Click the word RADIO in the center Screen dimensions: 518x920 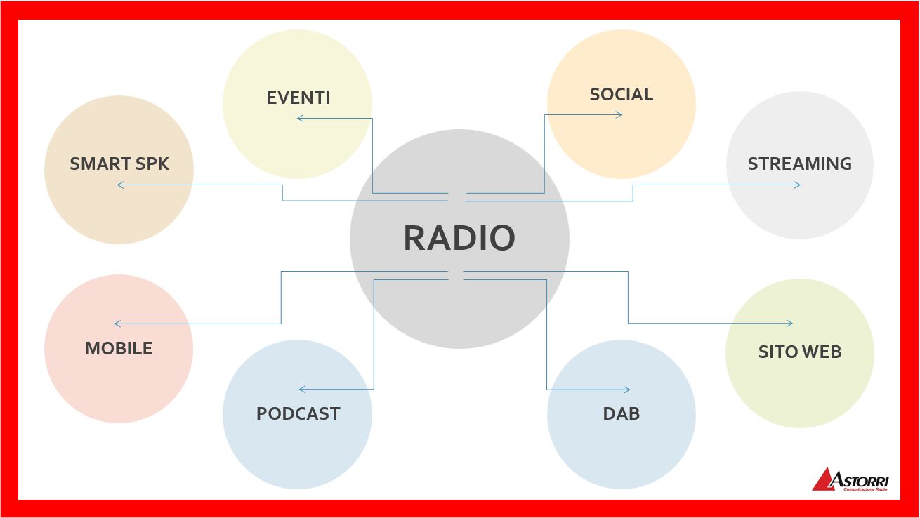(459, 237)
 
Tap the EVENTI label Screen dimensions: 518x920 (298, 98)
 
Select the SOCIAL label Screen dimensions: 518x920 (621, 94)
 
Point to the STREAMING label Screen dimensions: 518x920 (799, 164)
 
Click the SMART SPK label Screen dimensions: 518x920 (119, 164)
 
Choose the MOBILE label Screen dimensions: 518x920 (119, 348)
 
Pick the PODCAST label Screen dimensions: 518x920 (298, 413)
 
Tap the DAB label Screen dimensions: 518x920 (621, 413)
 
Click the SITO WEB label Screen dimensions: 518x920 (799, 352)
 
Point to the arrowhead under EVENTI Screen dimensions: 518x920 (300, 119)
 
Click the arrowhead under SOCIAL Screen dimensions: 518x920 (619, 114)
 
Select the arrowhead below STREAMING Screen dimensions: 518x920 (797, 185)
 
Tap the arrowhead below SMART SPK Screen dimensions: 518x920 (120, 185)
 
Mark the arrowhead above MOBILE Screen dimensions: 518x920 (117, 324)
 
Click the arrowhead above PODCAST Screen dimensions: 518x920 (302, 389)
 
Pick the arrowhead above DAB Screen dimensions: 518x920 (626, 390)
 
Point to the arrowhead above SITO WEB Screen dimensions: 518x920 (789, 324)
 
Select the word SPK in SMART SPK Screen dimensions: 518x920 (154, 164)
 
